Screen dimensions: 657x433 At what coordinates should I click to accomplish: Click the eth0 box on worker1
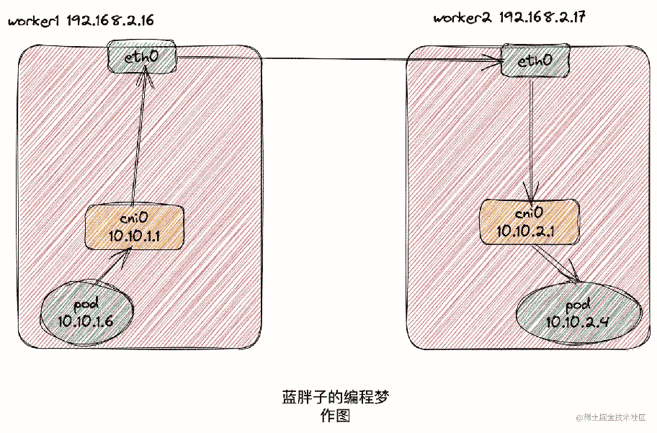142,57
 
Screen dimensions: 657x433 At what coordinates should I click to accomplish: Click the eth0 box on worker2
535,61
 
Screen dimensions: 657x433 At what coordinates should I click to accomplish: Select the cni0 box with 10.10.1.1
135,228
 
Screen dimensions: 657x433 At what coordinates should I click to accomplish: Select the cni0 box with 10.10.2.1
529,222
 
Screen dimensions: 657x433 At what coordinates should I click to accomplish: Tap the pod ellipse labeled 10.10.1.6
86,313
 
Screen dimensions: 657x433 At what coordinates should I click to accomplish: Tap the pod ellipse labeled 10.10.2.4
578,313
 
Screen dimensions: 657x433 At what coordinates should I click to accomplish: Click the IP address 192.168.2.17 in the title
542,18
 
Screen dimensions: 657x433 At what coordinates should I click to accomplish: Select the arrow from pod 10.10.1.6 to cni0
112,265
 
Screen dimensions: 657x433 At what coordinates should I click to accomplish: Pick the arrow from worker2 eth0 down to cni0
532,141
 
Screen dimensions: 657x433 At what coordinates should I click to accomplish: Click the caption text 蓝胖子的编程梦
335,396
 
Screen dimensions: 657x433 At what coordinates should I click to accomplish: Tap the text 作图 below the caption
335,416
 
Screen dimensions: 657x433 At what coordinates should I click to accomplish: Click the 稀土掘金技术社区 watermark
611,417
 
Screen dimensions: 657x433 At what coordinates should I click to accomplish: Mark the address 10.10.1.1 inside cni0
134,236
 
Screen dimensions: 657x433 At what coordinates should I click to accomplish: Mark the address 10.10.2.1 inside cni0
525,231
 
